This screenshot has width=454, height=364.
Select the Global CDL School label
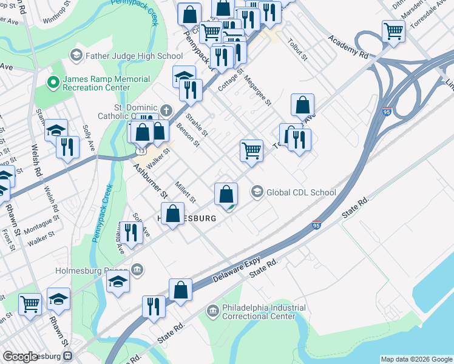[x=301, y=192]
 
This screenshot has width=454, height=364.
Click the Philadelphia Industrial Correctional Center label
[x=263, y=312]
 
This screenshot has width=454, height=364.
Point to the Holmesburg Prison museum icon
[x=138, y=269]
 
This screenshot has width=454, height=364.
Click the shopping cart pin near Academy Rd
[x=393, y=32]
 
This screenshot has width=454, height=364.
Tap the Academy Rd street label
[x=348, y=46]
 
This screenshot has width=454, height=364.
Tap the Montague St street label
[x=40, y=226]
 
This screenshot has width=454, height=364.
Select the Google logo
[x=20, y=357]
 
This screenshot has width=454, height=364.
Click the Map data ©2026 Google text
[x=416, y=359]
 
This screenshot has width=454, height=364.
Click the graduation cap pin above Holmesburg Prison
[x=118, y=281]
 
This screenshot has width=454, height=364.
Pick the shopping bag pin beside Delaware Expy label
[x=181, y=289]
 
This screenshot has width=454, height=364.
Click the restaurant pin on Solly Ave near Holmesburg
[x=130, y=232]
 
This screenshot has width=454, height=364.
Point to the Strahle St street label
[x=197, y=125]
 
